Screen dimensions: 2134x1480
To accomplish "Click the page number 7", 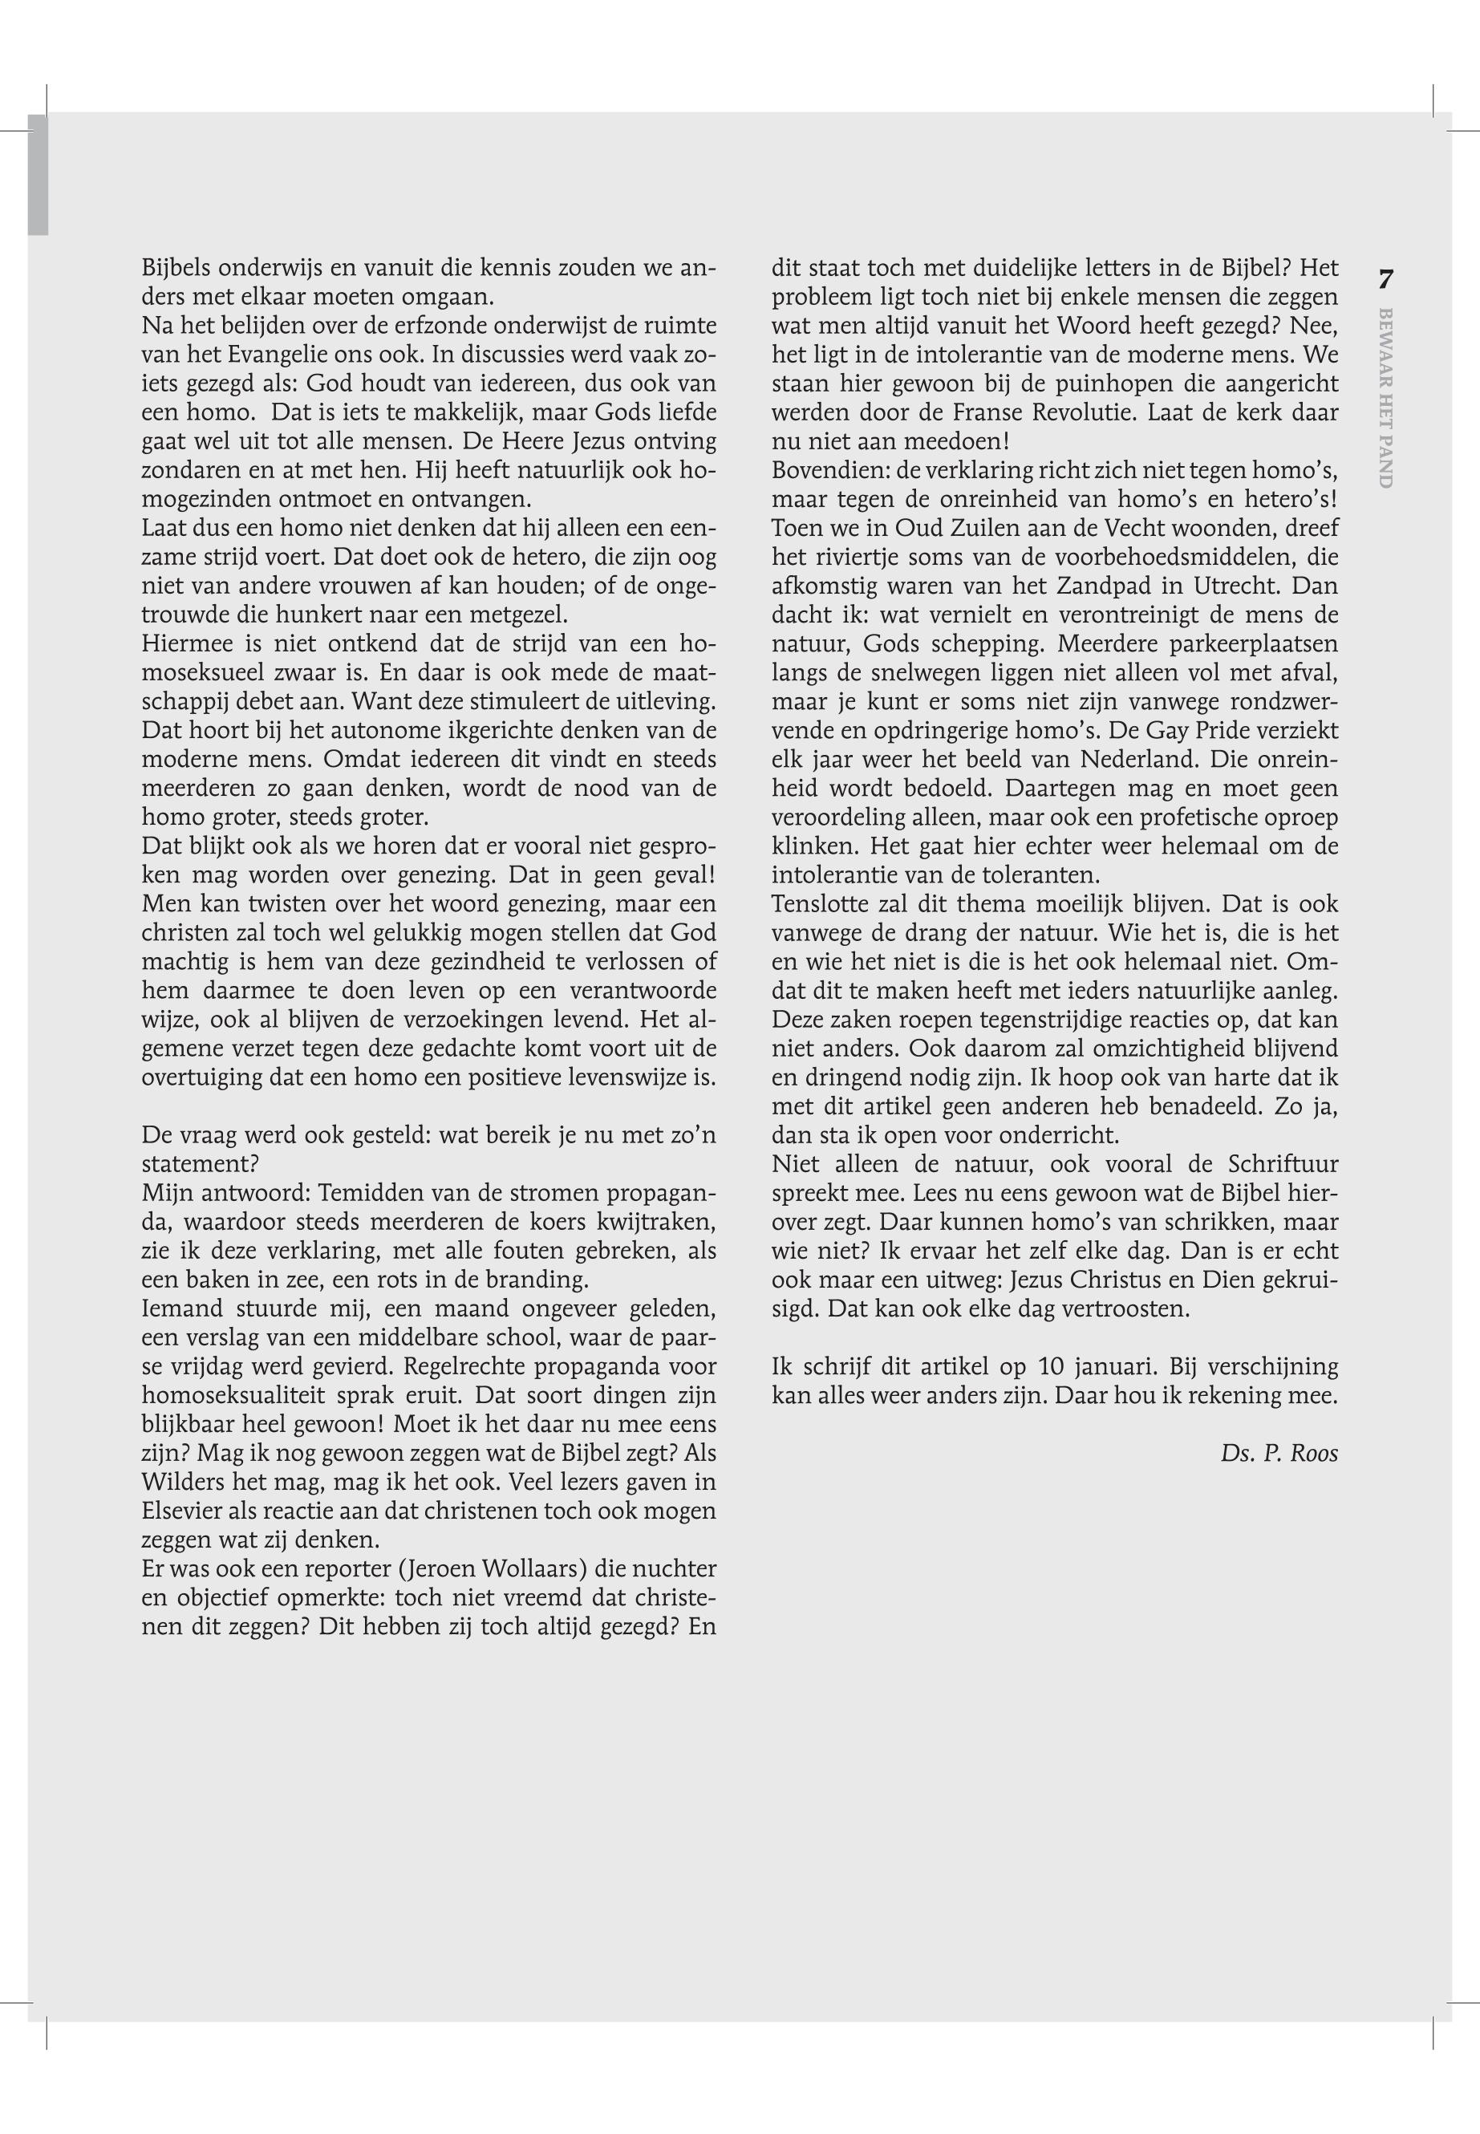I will (x=1386, y=278).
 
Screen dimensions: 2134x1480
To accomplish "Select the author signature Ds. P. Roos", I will (x=1279, y=1453).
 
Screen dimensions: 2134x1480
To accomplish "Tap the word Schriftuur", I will (x=1283, y=1164).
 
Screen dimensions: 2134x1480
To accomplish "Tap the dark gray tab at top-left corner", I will (x=37, y=174).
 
